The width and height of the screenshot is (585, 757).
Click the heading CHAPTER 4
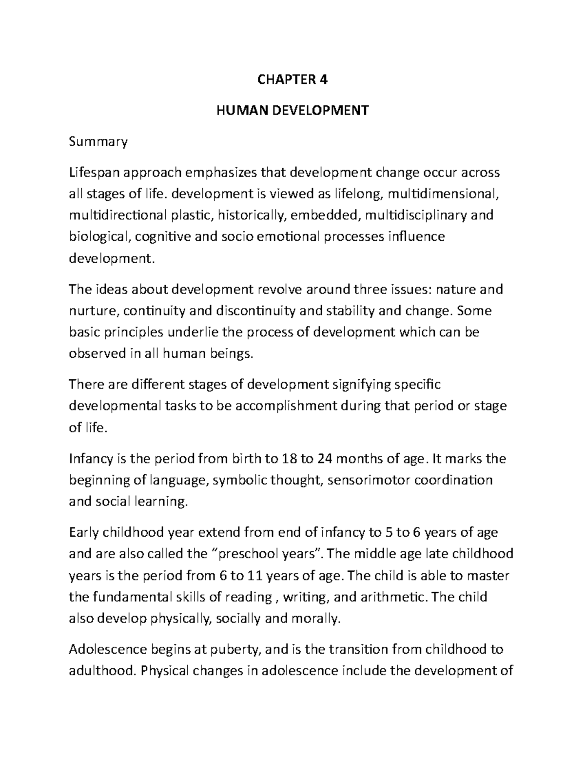[x=292, y=79]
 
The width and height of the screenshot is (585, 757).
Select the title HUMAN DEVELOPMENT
[x=292, y=111]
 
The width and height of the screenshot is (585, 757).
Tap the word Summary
[x=98, y=142]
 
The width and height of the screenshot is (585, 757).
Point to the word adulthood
[x=101, y=671]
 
